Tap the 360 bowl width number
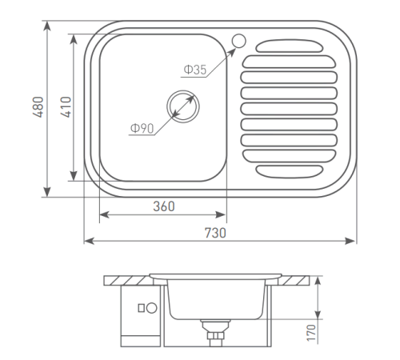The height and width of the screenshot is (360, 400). point(163,206)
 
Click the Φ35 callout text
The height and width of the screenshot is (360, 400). point(194,70)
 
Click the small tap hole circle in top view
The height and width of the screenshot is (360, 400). point(239,41)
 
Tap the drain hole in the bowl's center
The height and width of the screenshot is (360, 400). point(182,105)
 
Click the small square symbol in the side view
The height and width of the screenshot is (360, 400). point(142,307)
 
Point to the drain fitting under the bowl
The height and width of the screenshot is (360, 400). point(214,330)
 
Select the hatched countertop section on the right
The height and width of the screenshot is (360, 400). point(297,280)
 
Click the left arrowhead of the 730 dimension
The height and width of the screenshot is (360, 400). point(88,240)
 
